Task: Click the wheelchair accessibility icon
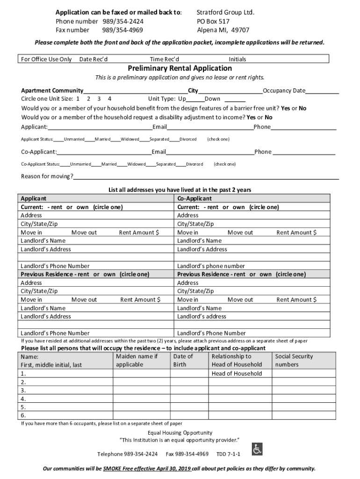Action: pos(257,449)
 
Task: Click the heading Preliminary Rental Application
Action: pos(180,68)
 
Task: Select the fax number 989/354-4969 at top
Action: pos(122,30)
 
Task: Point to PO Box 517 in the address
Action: pos(213,22)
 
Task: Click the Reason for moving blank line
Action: pos(206,176)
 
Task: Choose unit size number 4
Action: pos(109,99)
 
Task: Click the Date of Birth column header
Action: pos(182,360)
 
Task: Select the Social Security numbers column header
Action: pos(294,360)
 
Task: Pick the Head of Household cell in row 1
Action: pos(237,373)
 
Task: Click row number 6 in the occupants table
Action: pos(23,415)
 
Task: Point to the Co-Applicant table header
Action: pos(194,199)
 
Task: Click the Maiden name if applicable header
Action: pos(137,360)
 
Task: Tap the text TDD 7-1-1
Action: pos(228,454)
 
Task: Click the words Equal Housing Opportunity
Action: pos(180,433)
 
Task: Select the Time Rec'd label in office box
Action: pos(164,59)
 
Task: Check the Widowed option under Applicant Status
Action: pos(129,139)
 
